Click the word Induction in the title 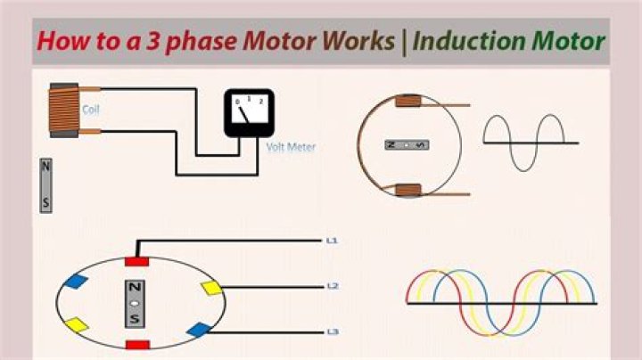coord(469,41)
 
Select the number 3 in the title coord(152,41)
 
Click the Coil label coord(90,110)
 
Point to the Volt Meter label coord(291,147)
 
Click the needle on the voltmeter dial coord(243,114)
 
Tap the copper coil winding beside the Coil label coord(64,110)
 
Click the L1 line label coord(332,241)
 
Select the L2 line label coord(333,286)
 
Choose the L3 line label coord(333,331)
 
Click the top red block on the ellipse coord(136,261)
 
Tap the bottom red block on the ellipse coord(137,345)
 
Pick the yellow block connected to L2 coord(211,288)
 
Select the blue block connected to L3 coord(200,330)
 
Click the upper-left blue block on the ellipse coord(76,282)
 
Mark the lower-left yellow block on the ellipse coord(77,325)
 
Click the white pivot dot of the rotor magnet coord(135,304)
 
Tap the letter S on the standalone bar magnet coord(45,202)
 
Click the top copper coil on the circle coord(407,101)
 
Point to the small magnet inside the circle coord(407,145)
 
